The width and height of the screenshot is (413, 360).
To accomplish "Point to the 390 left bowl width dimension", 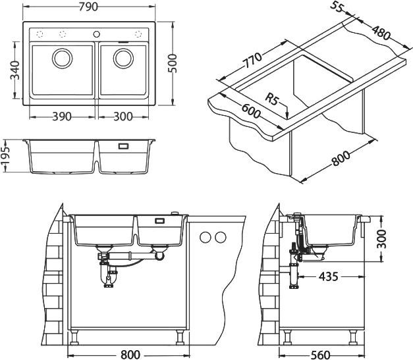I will tap(61, 116).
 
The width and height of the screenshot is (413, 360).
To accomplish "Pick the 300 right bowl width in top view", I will tap(123, 116).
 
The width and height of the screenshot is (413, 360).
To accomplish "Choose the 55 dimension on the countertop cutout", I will tap(337, 9).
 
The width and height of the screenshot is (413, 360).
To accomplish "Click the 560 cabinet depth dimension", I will tap(319, 355).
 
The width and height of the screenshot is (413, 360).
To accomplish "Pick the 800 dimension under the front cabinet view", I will tap(130, 355).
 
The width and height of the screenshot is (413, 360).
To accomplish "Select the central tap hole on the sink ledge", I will tap(97, 34).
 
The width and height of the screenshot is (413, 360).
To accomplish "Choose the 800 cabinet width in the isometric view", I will tap(341, 159).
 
